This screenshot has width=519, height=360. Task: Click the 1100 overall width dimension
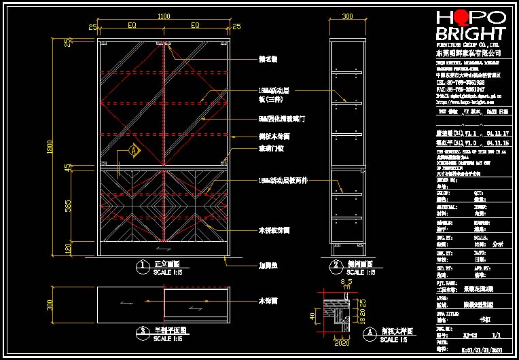coord(164,16)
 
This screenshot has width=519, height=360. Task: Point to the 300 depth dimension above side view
coord(347,16)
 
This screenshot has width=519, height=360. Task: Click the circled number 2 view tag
coord(335,265)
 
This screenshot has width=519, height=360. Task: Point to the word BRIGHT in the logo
coord(470,34)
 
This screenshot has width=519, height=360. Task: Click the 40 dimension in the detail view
coord(313,316)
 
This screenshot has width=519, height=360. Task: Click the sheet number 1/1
coord(496,335)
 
